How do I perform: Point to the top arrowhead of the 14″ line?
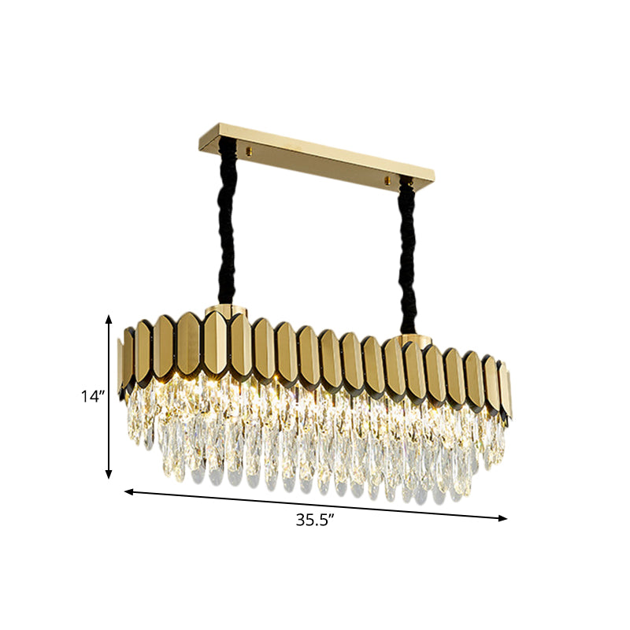tap(109, 317)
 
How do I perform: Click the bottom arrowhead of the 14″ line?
tap(109, 475)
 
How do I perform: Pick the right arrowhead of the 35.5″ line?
tap(504, 517)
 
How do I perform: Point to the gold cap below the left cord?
tap(225, 309)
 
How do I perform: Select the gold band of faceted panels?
tap(315, 354)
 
